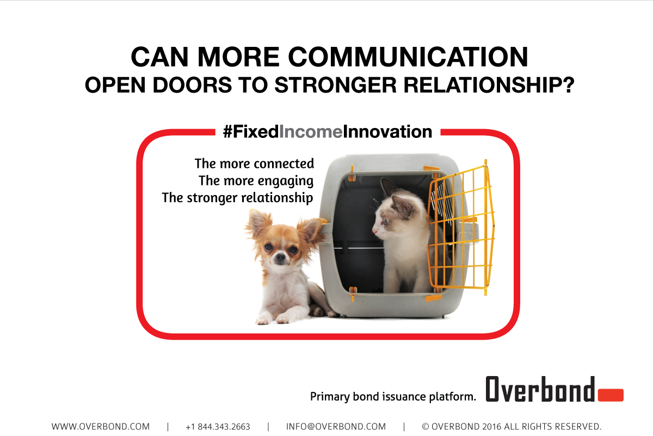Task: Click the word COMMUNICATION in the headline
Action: [408, 57]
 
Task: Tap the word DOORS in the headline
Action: [192, 85]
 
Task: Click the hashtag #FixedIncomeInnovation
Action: [328, 132]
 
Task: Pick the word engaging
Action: [285, 181]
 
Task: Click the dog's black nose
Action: [280, 257]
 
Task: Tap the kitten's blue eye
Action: [386, 222]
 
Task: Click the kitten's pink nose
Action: [374, 232]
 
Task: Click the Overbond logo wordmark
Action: [540, 389]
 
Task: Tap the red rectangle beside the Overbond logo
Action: [611, 395]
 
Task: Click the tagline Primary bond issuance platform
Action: [393, 397]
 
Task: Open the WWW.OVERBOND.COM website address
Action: [101, 427]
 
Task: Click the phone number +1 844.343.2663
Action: [218, 427]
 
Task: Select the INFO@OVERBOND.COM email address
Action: [336, 427]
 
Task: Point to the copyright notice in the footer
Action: [512, 427]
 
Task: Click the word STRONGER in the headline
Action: [336, 85]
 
